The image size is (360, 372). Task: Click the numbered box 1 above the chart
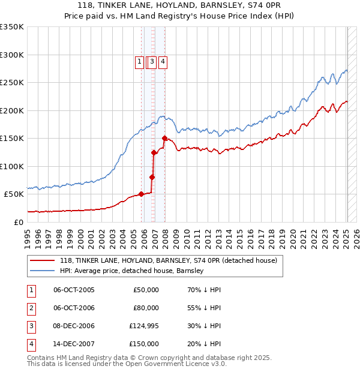pyautogui.click(x=139, y=61)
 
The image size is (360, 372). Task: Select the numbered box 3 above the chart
pyautogui.click(x=152, y=61)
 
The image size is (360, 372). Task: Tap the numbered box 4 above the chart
pyautogui.click(x=163, y=61)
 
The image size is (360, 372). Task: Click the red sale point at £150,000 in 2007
pyautogui.click(x=164, y=138)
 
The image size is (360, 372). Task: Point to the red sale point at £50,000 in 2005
pyautogui.click(x=142, y=194)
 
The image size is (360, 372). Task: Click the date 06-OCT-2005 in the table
pyautogui.click(x=74, y=290)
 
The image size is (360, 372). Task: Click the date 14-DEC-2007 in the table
pyautogui.click(x=74, y=344)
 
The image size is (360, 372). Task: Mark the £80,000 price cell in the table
pyautogui.click(x=146, y=308)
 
